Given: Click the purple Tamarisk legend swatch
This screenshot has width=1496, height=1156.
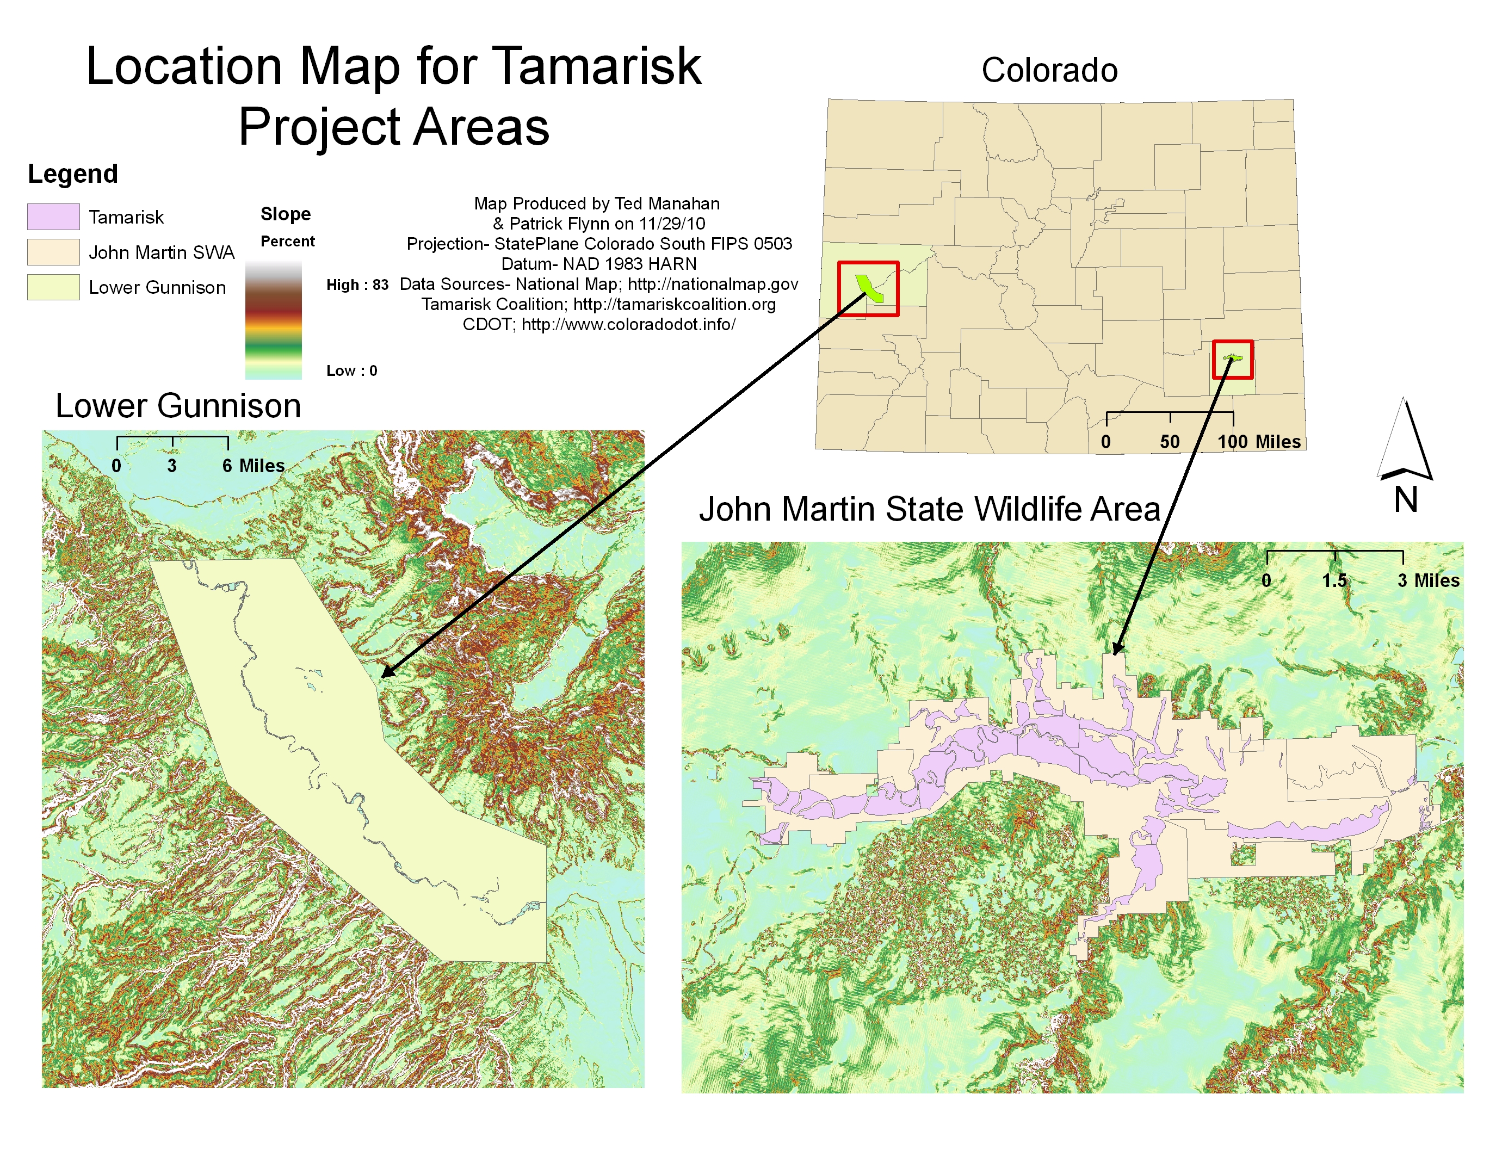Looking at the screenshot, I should coord(53,217).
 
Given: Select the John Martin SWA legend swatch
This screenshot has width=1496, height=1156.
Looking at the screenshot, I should coord(53,251).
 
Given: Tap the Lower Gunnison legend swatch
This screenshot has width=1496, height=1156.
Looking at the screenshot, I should coord(53,287).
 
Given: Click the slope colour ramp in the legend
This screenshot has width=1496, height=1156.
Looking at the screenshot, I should coord(273,320).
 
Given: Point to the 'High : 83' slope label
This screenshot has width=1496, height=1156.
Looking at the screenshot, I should coord(357,285).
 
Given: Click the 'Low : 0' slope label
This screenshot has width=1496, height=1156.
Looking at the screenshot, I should coord(351,370).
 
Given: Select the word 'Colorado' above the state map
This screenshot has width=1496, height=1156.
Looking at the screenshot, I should coord(1049,71).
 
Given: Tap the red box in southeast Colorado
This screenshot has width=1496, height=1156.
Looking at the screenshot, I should coord(1232,342).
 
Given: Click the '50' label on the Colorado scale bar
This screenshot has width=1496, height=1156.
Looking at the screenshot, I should coord(1169,442).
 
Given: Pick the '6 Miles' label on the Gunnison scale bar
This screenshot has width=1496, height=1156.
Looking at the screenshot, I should coord(253,466).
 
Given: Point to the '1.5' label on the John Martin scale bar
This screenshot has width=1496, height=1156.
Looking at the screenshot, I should coord(1334,581).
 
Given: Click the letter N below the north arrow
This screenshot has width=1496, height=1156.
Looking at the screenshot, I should coord(1406,499).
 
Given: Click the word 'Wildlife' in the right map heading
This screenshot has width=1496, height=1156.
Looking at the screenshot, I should coord(1028,510).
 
